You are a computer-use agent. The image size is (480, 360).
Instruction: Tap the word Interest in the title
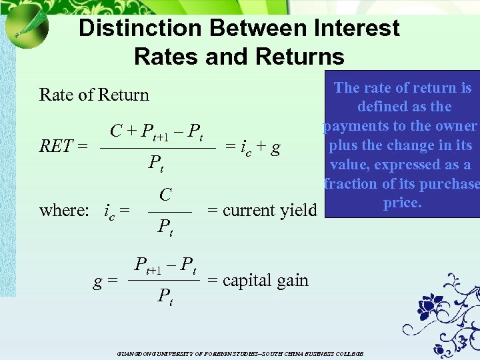tap(351, 28)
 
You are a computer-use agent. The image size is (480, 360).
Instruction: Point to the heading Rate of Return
tap(94, 95)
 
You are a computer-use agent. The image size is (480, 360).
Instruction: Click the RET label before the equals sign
tap(57, 145)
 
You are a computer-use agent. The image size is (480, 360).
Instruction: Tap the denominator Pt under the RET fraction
tap(156, 163)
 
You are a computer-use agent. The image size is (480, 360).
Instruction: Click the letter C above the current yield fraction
tap(165, 195)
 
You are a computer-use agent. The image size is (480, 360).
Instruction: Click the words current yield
tap(262, 211)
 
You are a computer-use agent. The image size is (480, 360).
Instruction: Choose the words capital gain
tap(258, 280)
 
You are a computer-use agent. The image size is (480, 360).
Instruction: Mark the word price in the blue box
tap(402, 203)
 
